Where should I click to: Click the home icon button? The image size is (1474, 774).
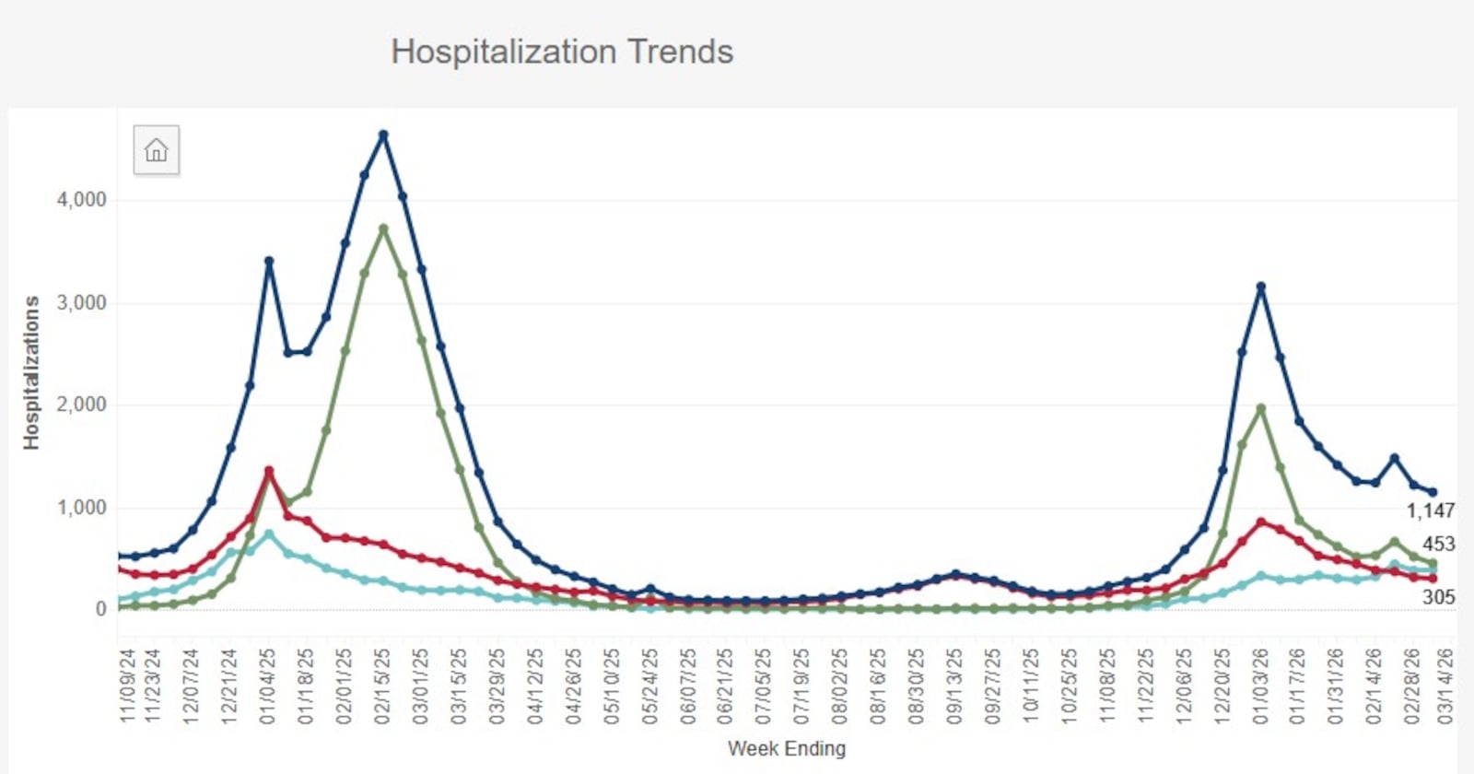click(x=157, y=150)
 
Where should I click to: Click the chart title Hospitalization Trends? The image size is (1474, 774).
click(x=562, y=52)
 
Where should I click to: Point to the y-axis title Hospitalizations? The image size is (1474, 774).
click(x=32, y=372)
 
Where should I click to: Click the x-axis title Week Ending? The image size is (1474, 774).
click(x=786, y=748)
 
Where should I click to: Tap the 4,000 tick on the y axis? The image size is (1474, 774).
click(x=82, y=200)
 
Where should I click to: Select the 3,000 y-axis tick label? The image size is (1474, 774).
click(x=82, y=303)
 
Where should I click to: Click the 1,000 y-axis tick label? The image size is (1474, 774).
click(x=82, y=508)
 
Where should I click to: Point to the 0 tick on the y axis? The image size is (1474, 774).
click(x=100, y=609)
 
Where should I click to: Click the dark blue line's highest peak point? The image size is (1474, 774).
click(x=383, y=135)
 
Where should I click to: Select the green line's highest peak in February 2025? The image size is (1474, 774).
click(x=383, y=229)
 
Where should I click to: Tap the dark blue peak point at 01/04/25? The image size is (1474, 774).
click(x=269, y=261)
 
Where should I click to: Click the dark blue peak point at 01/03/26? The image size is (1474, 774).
click(x=1261, y=287)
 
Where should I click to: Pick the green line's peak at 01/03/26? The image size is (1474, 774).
click(x=1261, y=408)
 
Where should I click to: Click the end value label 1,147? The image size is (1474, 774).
click(x=1430, y=510)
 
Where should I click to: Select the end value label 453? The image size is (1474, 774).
click(x=1438, y=545)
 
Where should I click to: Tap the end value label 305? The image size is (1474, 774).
click(x=1438, y=597)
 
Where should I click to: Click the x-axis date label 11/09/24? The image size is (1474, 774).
click(x=128, y=686)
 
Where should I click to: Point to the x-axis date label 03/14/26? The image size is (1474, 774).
click(x=1445, y=686)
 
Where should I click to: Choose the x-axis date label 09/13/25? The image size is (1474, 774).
click(x=955, y=686)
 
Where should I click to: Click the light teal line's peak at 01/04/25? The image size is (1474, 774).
click(x=269, y=534)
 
